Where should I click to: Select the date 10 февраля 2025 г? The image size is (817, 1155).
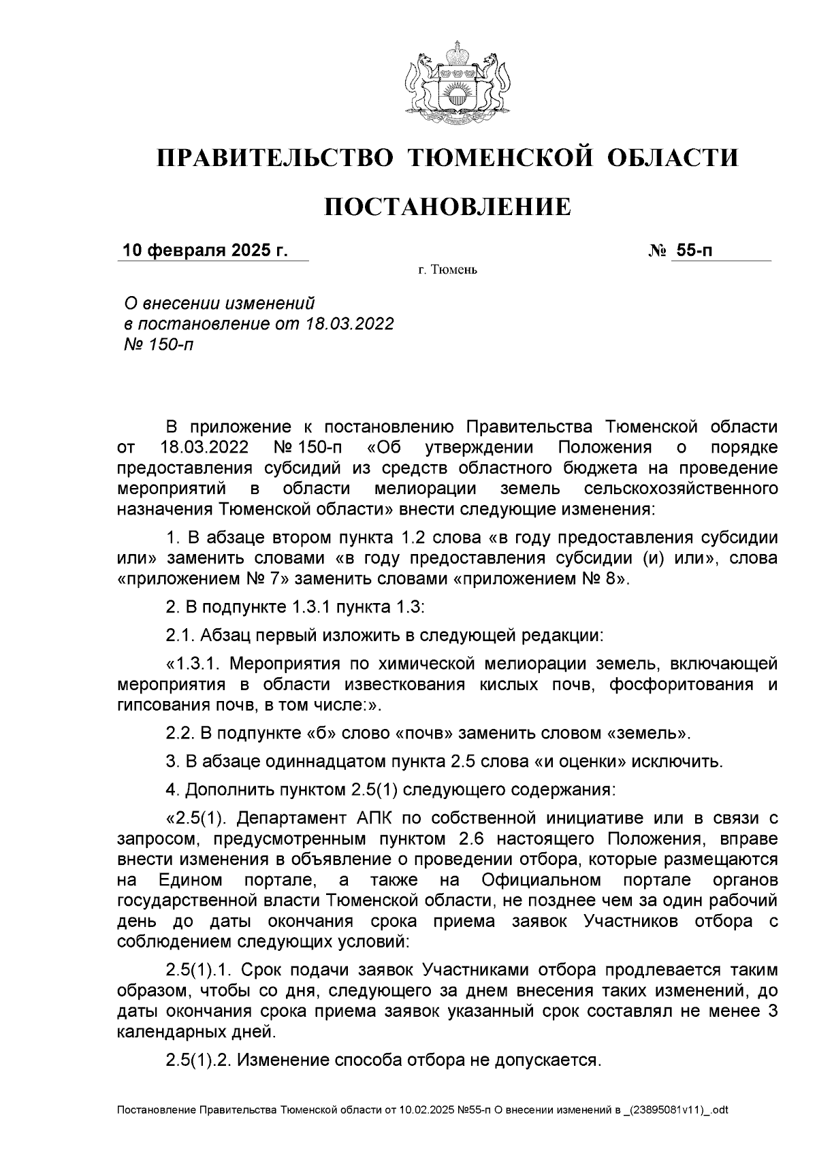pyautogui.click(x=205, y=250)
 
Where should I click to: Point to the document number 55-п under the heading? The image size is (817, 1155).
pyautogui.click(x=692, y=250)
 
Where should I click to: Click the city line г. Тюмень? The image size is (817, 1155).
pyautogui.click(x=448, y=271)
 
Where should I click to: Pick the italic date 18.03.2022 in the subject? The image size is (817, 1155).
pyautogui.click(x=349, y=323)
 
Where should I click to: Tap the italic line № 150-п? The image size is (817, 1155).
pyautogui.click(x=157, y=344)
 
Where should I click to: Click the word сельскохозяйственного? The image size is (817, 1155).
pyautogui.click(x=681, y=489)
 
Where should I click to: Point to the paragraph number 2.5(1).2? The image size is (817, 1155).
pyautogui.click(x=198, y=1060)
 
